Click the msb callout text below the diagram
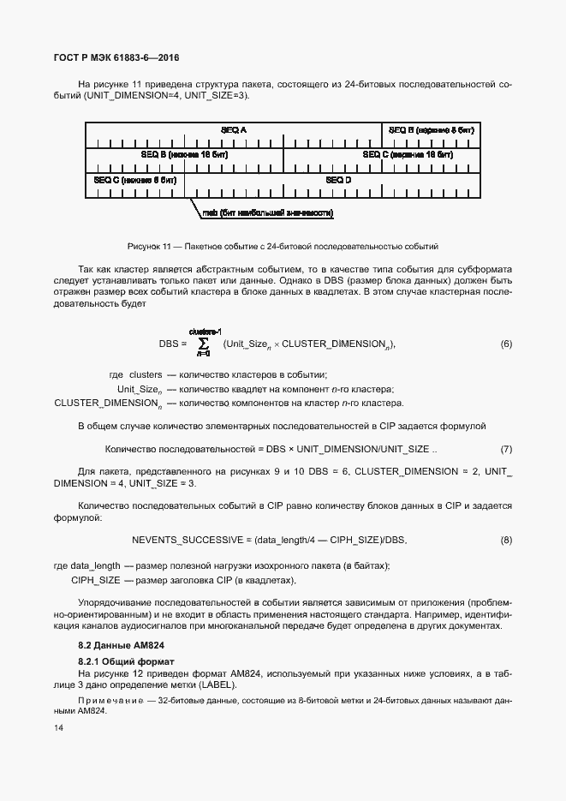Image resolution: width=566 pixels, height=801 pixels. point(267,212)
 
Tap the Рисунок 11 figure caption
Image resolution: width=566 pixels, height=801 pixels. point(283,245)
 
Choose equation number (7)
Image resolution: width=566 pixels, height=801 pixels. point(505,449)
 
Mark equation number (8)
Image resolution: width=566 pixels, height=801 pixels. point(505,540)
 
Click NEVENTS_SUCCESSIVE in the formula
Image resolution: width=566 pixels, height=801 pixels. point(188,540)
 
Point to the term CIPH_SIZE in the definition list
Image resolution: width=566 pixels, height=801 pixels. point(96,580)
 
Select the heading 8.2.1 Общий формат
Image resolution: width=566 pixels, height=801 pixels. point(126,661)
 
